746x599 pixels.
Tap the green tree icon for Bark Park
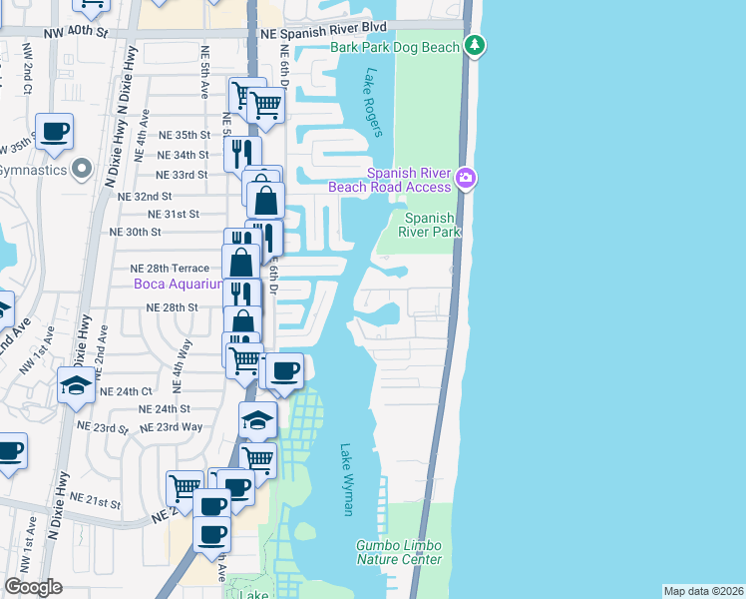tap(477, 45)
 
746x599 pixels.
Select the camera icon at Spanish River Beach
tap(466, 179)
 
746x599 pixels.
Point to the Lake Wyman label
tap(347, 480)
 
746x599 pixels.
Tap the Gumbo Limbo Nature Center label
tap(399, 552)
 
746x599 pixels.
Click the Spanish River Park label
tap(431, 225)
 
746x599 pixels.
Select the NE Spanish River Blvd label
tap(322, 33)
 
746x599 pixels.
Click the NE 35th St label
tap(186, 135)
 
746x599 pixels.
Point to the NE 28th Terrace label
tap(170, 269)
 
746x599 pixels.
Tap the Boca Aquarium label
tap(176, 286)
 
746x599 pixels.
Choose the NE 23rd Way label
tap(172, 426)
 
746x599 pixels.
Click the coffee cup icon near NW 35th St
tap(54, 130)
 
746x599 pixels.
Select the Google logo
tap(32, 587)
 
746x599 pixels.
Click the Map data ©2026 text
tap(703, 591)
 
